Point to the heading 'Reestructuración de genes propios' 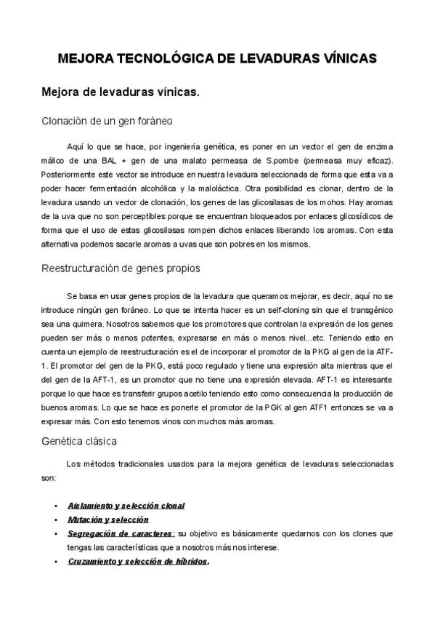(121, 268)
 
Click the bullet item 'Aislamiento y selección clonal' (126, 505)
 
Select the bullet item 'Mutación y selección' (107, 520)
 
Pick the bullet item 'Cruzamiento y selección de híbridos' (137, 562)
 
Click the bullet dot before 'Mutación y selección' (57, 520)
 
